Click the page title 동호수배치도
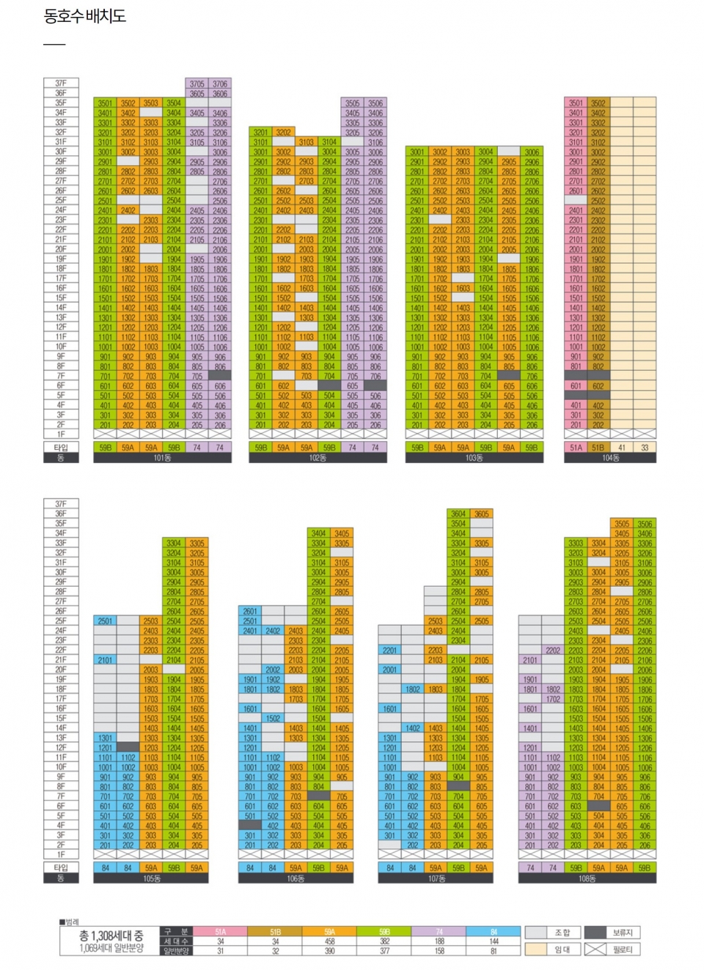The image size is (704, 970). click(x=85, y=16)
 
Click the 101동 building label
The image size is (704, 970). click(x=162, y=458)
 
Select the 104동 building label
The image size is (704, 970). click(x=611, y=458)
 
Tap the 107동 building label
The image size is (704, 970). click(x=436, y=878)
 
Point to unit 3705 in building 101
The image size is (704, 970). click(x=197, y=84)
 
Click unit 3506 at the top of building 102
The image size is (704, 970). click(x=375, y=103)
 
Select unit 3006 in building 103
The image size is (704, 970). click(x=532, y=152)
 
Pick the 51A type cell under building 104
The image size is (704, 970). click(x=576, y=447)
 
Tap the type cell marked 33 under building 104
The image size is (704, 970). click(x=645, y=447)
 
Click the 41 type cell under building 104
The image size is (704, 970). click(x=622, y=447)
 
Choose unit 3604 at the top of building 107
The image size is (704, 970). click(x=458, y=514)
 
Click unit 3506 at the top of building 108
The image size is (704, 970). click(x=645, y=524)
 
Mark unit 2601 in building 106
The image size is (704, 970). click(x=250, y=611)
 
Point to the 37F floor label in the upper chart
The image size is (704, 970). click(x=61, y=84)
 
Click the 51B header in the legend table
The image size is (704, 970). click(x=275, y=932)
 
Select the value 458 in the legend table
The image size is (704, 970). click(x=330, y=941)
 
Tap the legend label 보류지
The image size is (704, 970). click(x=622, y=933)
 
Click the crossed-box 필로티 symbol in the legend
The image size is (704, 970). click(x=595, y=949)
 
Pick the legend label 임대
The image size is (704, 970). click(x=562, y=949)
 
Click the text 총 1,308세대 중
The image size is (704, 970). click(x=111, y=936)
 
